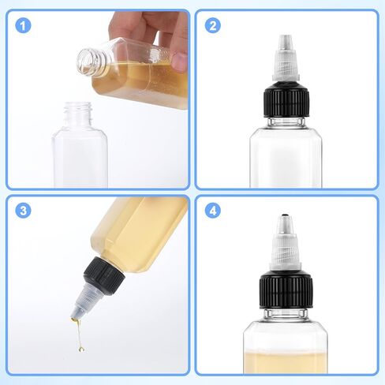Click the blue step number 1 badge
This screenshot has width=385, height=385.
pos(23,26)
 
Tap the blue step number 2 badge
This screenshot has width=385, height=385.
pos(212,26)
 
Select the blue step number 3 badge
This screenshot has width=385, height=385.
pos(23,211)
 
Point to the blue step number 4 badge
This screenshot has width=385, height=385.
pos(212,211)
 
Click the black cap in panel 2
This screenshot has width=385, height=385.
pos(286,103)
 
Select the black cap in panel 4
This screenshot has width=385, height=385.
pos(286,290)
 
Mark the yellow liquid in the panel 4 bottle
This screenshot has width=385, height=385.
pos(286,362)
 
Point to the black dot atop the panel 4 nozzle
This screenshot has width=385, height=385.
pos(285,216)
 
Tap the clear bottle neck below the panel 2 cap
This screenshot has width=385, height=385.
pos(286,121)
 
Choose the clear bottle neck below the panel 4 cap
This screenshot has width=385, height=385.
pos(286,313)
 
